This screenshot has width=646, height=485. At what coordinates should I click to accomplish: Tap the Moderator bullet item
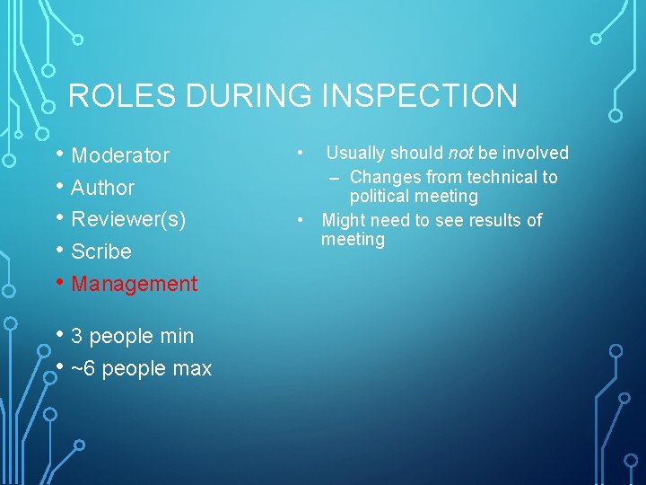click(x=120, y=155)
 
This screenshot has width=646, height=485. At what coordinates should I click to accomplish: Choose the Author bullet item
click(x=102, y=188)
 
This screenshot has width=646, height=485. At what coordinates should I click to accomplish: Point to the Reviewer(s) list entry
click(x=128, y=219)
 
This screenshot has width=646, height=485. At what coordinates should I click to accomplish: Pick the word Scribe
click(x=101, y=251)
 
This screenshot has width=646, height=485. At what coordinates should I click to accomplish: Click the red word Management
click(x=134, y=284)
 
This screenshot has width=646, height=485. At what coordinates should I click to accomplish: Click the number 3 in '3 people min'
click(x=77, y=337)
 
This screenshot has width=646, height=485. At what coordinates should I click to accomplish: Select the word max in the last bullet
click(x=193, y=369)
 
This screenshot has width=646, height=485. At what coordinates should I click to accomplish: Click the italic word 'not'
click(x=460, y=153)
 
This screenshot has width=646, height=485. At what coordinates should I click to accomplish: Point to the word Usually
click(x=357, y=153)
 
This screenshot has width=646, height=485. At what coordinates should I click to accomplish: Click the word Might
click(x=344, y=220)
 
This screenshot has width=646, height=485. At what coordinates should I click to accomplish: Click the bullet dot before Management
click(x=59, y=283)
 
